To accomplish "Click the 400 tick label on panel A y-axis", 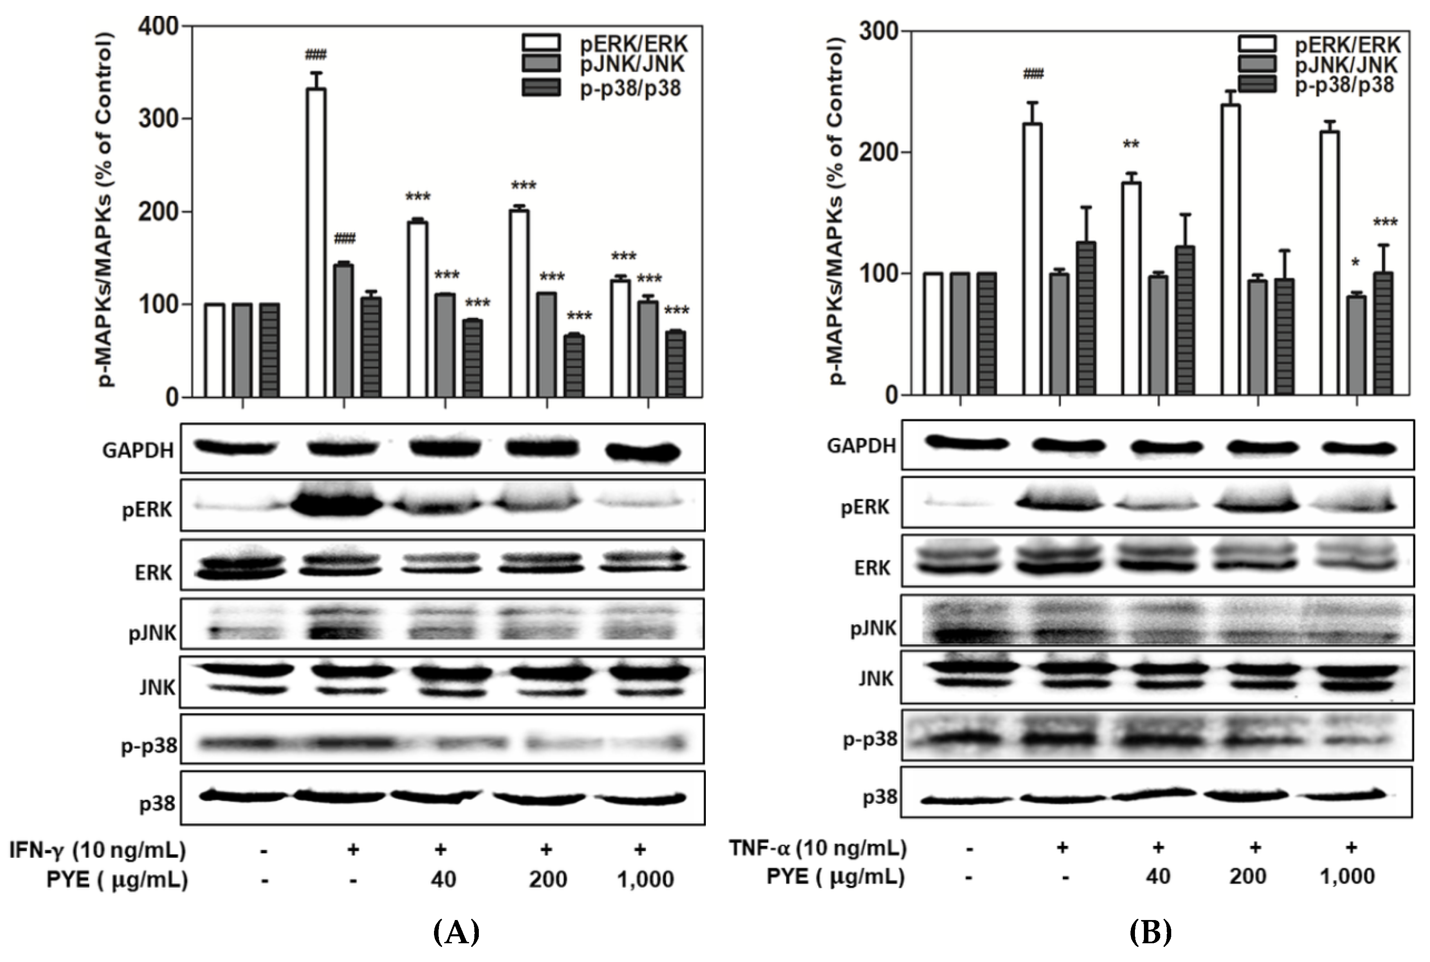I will pyautogui.click(x=158, y=26).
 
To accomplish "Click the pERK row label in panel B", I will pyautogui.click(x=865, y=507).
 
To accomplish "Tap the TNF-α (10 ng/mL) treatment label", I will pyautogui.click(x=817, y=848).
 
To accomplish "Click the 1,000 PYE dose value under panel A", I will pyautogui.click(x=646, y=879).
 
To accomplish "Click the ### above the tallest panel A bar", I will pyautogui.click(x=315, y=55).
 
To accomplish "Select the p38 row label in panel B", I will pyautogui.click(x=880, y=797).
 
